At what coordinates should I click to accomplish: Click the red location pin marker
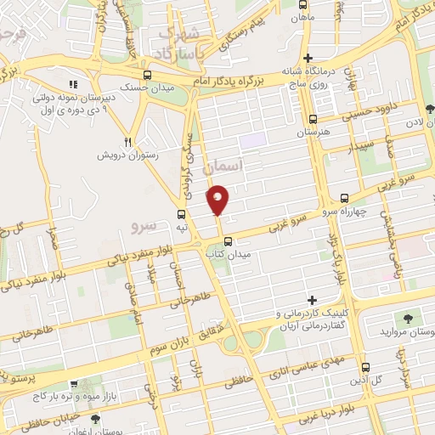pos(218,199)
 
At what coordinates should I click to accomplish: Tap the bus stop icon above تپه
pos(181,213)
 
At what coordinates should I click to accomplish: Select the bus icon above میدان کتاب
pos(227,240)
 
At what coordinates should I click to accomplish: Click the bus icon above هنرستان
pos(314,120)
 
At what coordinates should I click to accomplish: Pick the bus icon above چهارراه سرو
pos(343,197)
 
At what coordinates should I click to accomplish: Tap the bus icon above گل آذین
pos(365,366)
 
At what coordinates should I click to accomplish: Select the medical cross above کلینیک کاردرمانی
pos(313,300)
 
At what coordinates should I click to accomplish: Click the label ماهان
pos(301,16)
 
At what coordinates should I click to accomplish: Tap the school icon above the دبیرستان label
pos(74,84)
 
